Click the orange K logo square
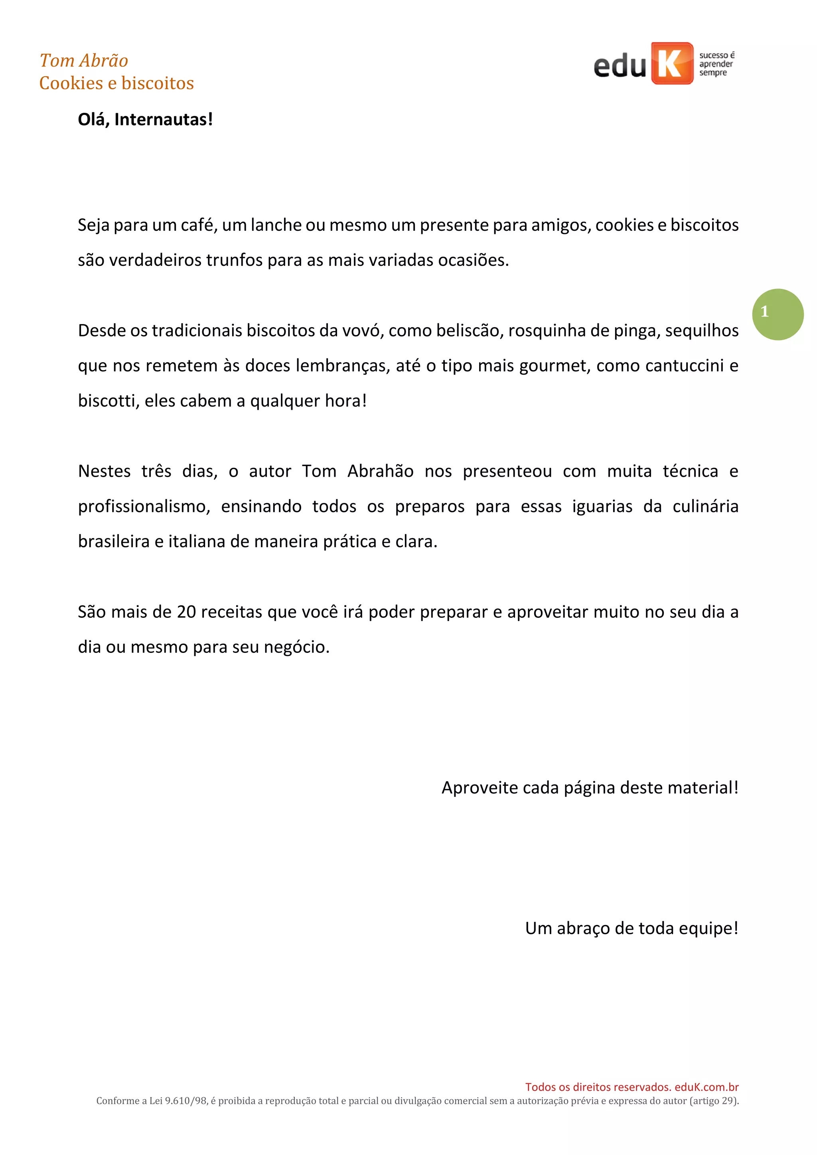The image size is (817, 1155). pyautogui.click(x=671, y=63)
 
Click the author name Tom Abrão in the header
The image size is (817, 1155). pyautogui.click(x=83, y=61)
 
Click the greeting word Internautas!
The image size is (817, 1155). pyautogui.click(x=164, y=120)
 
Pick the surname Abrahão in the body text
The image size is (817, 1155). pyautogui.click(x=380, y=471)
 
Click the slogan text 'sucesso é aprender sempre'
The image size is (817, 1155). pyautogui.click(x=716, y=64)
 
